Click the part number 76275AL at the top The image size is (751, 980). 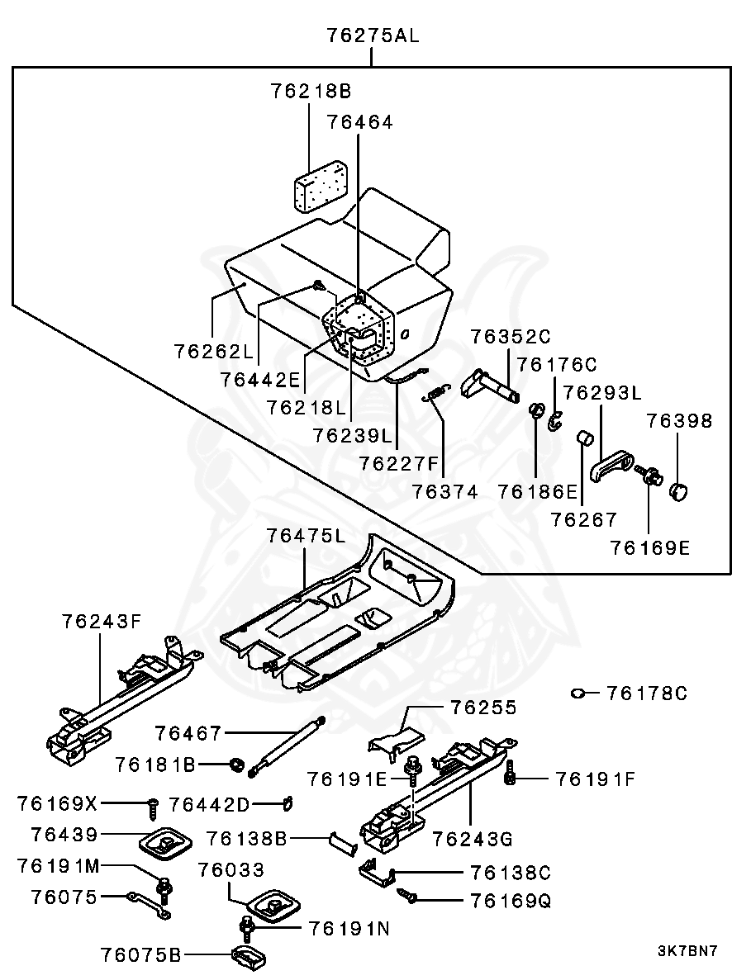click(372, 36)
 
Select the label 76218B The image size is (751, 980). click(311, 91)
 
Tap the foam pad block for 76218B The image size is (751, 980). click(320, 184)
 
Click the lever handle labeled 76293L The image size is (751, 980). click(611, 467)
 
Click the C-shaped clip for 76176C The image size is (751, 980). click(554, 422)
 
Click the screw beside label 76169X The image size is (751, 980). click(151, 803)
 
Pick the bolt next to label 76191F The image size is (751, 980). click(510, 774)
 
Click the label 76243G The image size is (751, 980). click(473, 839)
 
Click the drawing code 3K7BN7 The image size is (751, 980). click(687, 951)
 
